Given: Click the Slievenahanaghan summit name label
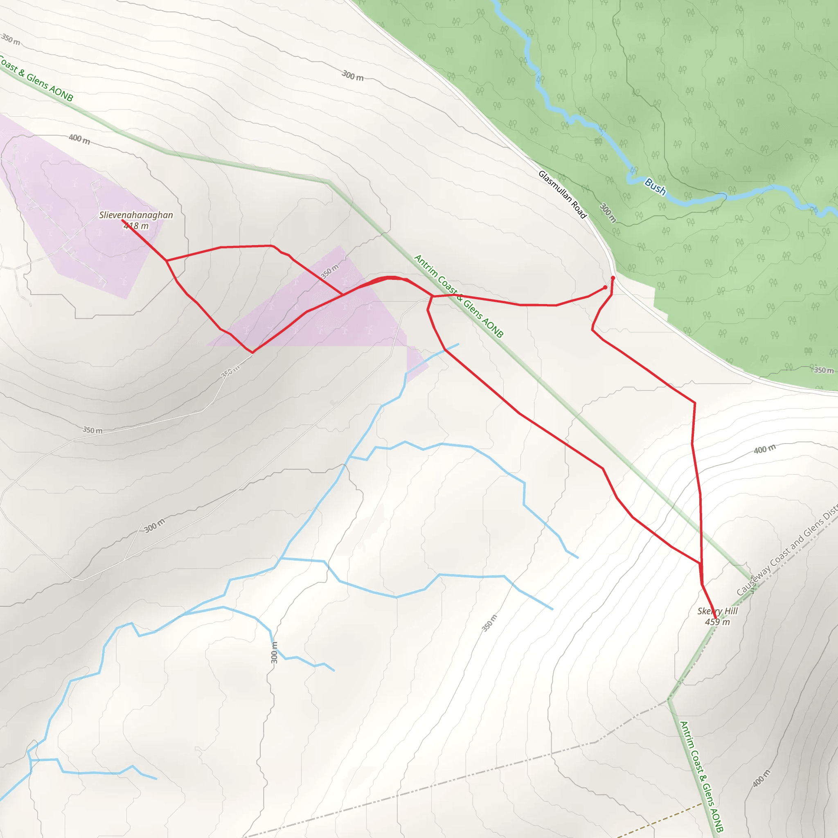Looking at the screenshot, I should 136,215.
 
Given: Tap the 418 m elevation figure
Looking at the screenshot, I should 136,226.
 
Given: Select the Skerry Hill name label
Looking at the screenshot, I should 717,611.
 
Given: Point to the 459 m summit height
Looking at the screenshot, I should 717,622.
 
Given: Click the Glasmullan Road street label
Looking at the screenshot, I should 562,194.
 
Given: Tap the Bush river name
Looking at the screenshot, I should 655,187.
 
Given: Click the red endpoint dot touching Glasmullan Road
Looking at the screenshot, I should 613,278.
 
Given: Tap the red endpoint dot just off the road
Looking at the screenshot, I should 606,287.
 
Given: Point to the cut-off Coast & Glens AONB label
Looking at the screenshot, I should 37,80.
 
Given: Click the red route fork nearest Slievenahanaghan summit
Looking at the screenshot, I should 167,261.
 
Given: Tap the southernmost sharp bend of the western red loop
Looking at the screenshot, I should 252,353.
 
